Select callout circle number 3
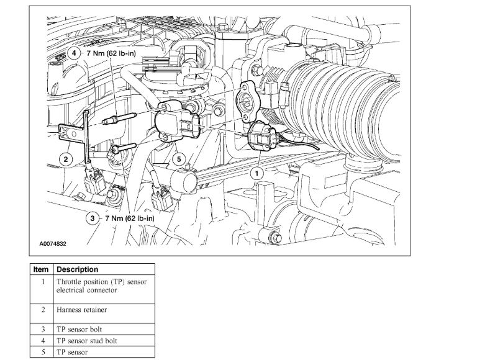pyautogui.click(x=93, y=218)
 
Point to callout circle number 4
pyautogui.click(x=75, y=53)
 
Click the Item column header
pyautogui.click(x=42, y=270)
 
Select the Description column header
pyautogui.click(x=77, y=270)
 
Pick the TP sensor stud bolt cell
pyautogui.click(x=86, y=341)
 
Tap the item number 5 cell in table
pyautogui.click(x=42, y=352)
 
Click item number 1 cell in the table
pyautogui.click(x=42, y=281)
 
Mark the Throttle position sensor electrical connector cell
pyautogui.click(x=102, y=286)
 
